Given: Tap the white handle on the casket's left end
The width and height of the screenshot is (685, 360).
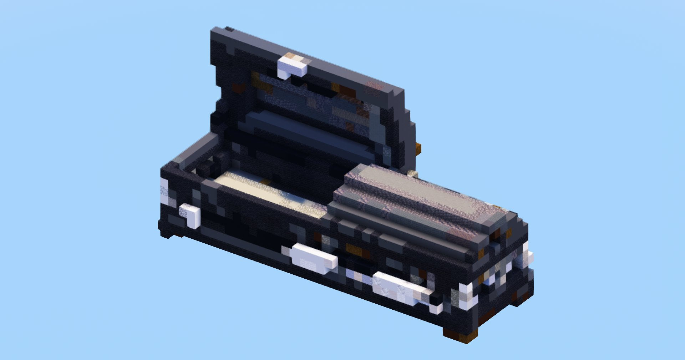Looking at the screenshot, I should pos(191,216).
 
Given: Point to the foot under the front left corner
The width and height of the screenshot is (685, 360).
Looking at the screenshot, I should pos(168,234).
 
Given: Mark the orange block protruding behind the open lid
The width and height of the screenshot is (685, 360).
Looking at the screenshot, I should pos(418,148).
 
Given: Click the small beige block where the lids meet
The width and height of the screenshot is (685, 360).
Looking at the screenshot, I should pos(413,174).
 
